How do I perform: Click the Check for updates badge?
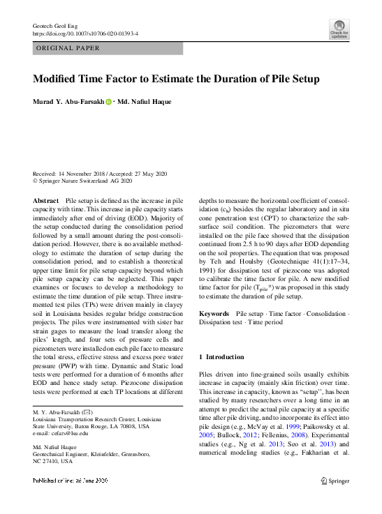click(x=339, y=29)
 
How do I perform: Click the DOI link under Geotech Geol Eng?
click(x=86, y=33)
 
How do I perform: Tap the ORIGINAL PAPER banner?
click(x=67, y=49)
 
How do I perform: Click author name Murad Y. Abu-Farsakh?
click(x=68, y=103)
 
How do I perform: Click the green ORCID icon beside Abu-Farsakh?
click(x=109, y=103)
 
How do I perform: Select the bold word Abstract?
click(x=46, y=200)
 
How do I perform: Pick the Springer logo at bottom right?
click(x=335, y=481)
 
